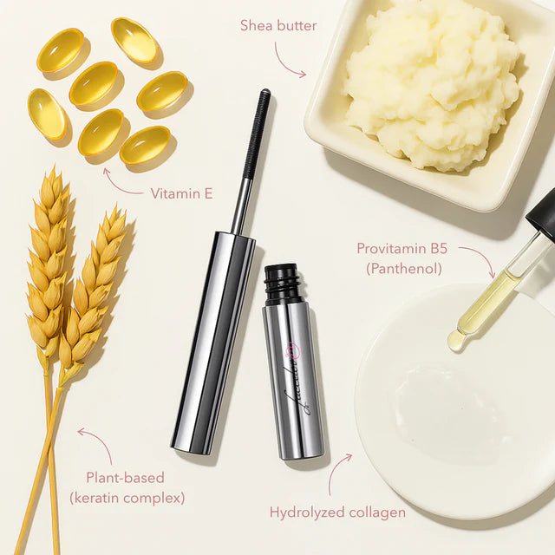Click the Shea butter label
coord(278,25)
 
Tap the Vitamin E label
coord(181,193)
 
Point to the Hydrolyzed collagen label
coord(337,513)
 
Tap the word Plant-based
coord(125,478)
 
